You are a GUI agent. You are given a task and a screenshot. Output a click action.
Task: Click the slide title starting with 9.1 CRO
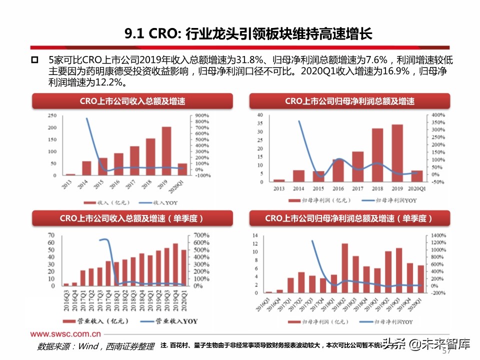tap(248, 34)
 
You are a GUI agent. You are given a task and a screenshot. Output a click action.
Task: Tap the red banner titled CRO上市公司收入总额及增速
tap(132, 101)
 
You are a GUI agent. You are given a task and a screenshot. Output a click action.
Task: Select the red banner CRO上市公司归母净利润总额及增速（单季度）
tap(349, 219)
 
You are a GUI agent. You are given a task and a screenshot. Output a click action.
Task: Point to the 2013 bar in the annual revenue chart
tap(70, 174)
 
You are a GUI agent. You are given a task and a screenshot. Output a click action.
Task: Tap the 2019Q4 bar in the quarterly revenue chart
tap(175, 264)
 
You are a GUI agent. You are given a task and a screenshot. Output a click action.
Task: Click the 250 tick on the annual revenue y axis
tap(52, 115)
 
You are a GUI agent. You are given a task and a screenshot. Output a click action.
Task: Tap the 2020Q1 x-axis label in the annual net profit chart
tap(416, 188)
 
